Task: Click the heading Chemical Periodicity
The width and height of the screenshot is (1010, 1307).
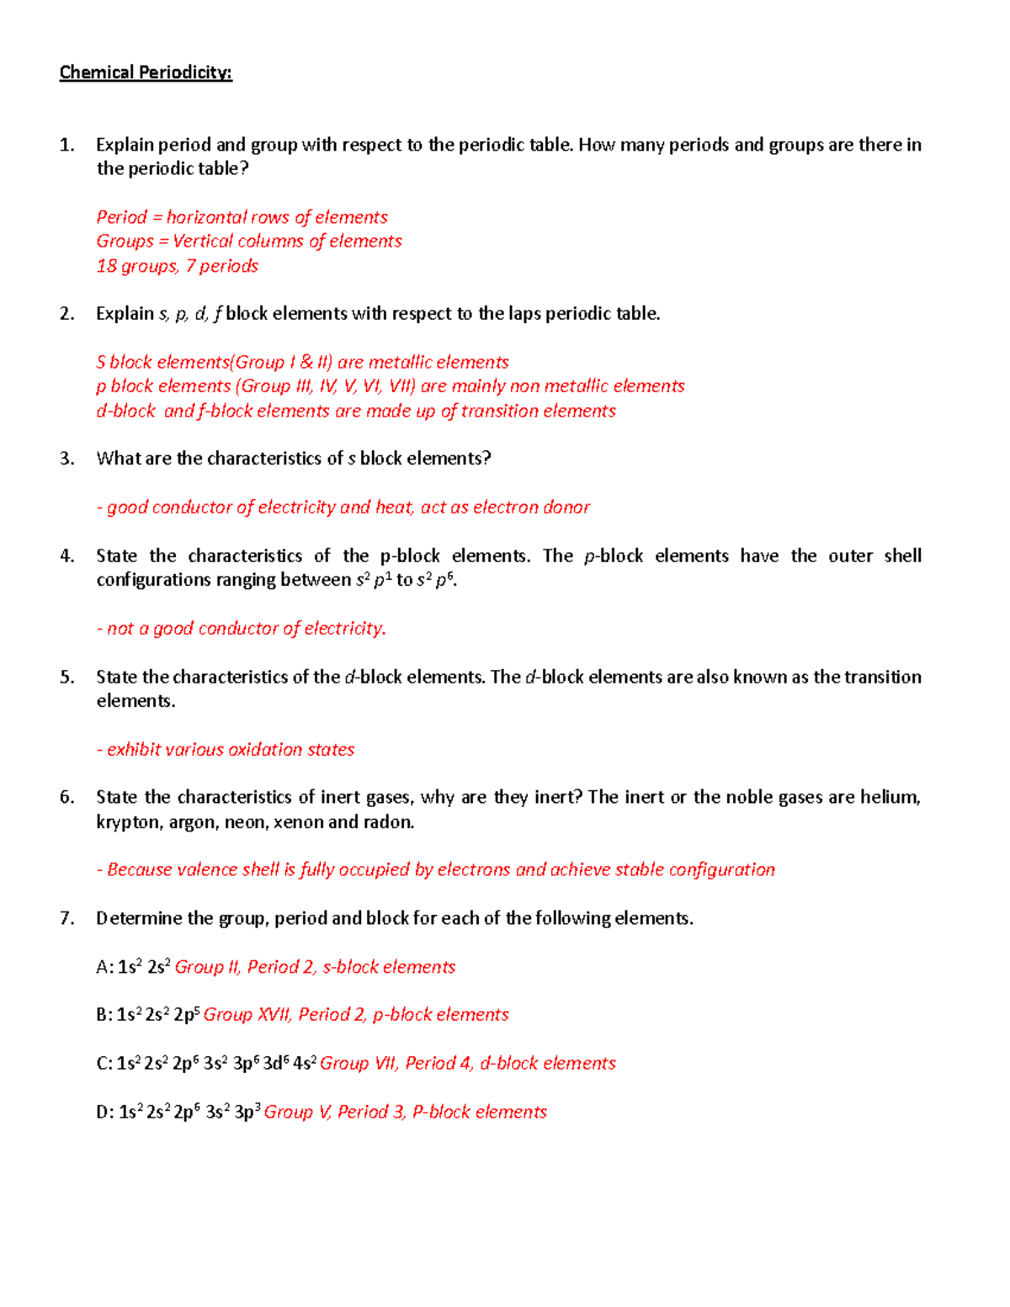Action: (x=145, y=72)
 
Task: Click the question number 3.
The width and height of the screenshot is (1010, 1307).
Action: (x=66, y=459)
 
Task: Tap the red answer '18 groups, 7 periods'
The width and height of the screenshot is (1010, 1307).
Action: (x=177, y=266)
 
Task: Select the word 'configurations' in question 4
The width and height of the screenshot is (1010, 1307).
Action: (x=150, y=580)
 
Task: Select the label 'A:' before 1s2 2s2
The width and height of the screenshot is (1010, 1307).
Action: (x=104, y=968)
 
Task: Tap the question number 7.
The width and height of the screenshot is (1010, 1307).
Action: (x=66, y=918)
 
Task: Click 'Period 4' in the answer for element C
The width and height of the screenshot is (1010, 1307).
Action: (x=438, y=1064)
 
